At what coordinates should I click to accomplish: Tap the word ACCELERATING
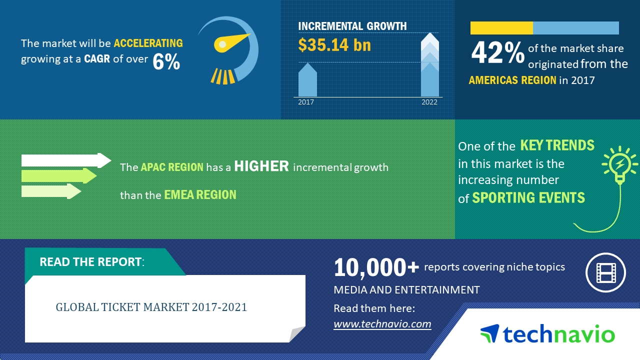pos(148,43)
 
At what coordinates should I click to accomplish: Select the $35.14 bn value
pos(334,45)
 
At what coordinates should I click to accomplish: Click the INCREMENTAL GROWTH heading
pos(352,26)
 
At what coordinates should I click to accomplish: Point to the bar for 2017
pos(307,81)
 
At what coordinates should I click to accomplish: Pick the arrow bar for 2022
pos(429,65)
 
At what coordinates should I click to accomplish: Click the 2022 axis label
pos(429,102)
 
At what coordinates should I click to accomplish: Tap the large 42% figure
pos(497,53)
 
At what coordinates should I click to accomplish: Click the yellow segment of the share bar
pos(501,28)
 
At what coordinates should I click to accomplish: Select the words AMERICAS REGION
pos(512,80)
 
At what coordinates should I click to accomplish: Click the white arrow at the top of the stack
pos(65,160)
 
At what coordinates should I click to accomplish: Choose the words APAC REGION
pos(172,167)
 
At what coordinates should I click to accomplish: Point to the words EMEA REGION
pos(200,194)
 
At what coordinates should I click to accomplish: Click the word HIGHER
pos(261,166)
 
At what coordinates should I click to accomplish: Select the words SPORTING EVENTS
pos(528,197)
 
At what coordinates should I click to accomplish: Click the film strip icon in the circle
pos(605,272)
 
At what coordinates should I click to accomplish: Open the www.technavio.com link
pos(382,324)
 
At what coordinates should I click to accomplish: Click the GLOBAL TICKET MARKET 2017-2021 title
pos(151,307)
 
